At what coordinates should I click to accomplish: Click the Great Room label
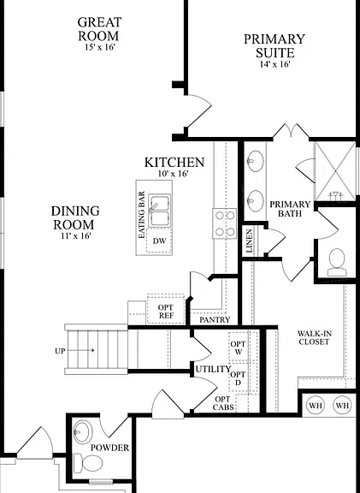[x=99, y=29]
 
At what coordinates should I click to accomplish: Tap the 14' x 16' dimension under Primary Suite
[x=274, y=64]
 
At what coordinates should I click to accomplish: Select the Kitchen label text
[x=174, y=163]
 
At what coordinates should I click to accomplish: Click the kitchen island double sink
[x=160, y=210]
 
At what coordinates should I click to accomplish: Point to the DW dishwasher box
[x=159, y=241]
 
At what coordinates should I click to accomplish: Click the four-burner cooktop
[x=225, y=223]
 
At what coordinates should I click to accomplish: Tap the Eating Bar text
[x=142, y=215]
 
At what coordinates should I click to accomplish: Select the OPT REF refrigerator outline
[x=166, y=309]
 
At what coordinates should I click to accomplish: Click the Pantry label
[x=215, y=320]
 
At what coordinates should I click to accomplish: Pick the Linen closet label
[x=250, y=241]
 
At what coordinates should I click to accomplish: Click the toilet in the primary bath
[x=337, y=262]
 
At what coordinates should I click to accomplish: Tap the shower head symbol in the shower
[x=336, y=195]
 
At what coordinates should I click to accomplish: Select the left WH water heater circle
[x=316, y=406]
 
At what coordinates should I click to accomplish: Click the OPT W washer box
[x=239, y=347]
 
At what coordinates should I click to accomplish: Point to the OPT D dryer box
[x=238, y=378]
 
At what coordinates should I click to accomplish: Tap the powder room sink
[x=83, y=431]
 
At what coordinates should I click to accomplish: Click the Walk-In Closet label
[x=314, y=338]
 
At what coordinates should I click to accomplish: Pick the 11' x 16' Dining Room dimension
[x=76, y=236]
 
